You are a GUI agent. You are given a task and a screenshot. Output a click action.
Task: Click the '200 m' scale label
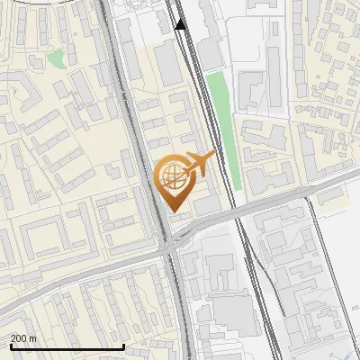coord(24,337)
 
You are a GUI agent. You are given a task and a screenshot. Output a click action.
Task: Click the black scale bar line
coord(67,346)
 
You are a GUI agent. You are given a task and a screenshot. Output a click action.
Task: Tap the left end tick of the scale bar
coord(11,345)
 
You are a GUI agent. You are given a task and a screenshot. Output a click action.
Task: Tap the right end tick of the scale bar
coord(123,345)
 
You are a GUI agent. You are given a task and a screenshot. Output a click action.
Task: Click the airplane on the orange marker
coord(201,162)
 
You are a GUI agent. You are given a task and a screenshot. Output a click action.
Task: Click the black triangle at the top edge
coord(180,24)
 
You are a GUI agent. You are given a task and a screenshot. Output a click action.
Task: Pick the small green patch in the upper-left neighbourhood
coord(56,59)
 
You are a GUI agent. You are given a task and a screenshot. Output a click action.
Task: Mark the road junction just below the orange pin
coord(169,244)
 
